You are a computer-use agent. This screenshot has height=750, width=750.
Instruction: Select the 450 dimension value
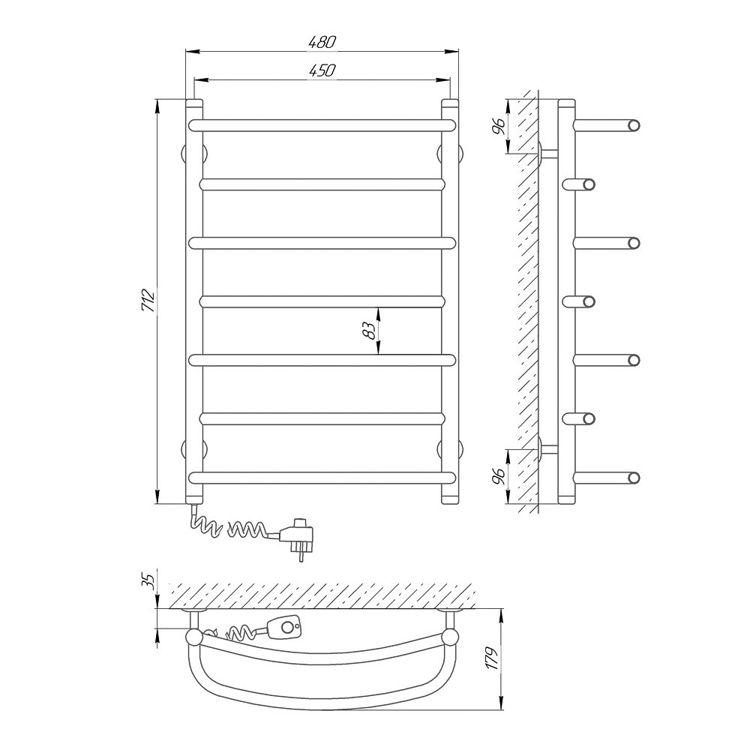[x=322, y=70]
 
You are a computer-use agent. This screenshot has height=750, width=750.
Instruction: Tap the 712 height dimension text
[x=148, y=301]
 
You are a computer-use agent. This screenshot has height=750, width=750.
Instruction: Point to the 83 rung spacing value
[x=368, y=331]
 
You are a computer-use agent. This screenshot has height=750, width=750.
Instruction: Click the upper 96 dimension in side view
[x=499, y=126]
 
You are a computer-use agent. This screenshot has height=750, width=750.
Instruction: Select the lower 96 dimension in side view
[x=499, y=476]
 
